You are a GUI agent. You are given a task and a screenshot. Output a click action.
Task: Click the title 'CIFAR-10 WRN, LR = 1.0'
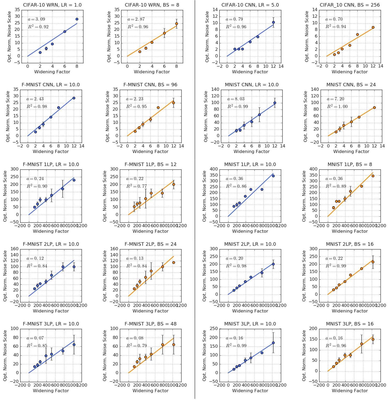pos(52,5)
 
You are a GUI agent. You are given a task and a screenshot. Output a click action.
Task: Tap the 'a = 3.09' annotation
pos(37,19)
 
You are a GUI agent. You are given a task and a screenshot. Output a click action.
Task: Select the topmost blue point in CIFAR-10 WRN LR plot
pos(77,19)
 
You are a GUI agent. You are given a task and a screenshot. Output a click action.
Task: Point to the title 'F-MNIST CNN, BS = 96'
pos(150,85)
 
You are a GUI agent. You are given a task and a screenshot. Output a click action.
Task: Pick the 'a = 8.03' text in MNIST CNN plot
pos(236,99)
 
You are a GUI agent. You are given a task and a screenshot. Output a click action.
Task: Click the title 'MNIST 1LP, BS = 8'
pos(350,165)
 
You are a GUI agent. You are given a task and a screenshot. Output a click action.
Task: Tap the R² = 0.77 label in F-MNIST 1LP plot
pos(136,186)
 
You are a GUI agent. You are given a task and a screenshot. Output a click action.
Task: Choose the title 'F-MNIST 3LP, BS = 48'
pos(150,324)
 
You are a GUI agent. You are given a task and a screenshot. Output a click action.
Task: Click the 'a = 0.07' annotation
pos(35,338)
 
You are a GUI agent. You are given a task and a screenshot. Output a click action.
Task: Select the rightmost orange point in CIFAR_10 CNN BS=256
pos(373,27)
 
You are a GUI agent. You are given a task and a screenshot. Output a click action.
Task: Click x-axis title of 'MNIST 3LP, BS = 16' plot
pos(350,391)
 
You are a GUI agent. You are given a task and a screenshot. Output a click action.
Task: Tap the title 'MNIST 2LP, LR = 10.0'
pos(250,244)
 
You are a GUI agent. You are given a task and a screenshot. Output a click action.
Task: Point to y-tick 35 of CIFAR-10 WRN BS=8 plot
pos(117,10)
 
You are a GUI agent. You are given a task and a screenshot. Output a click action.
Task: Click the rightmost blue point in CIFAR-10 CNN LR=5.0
pos(273,22)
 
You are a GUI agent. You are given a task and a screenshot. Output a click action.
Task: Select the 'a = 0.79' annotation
pos(234,19)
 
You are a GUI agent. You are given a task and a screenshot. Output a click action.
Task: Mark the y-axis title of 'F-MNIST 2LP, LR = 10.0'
pos(5,276)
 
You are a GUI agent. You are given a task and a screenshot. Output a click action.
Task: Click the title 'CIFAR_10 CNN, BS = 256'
pos(350,5)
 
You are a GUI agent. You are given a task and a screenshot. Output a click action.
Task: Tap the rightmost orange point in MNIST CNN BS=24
pos(374,108)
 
